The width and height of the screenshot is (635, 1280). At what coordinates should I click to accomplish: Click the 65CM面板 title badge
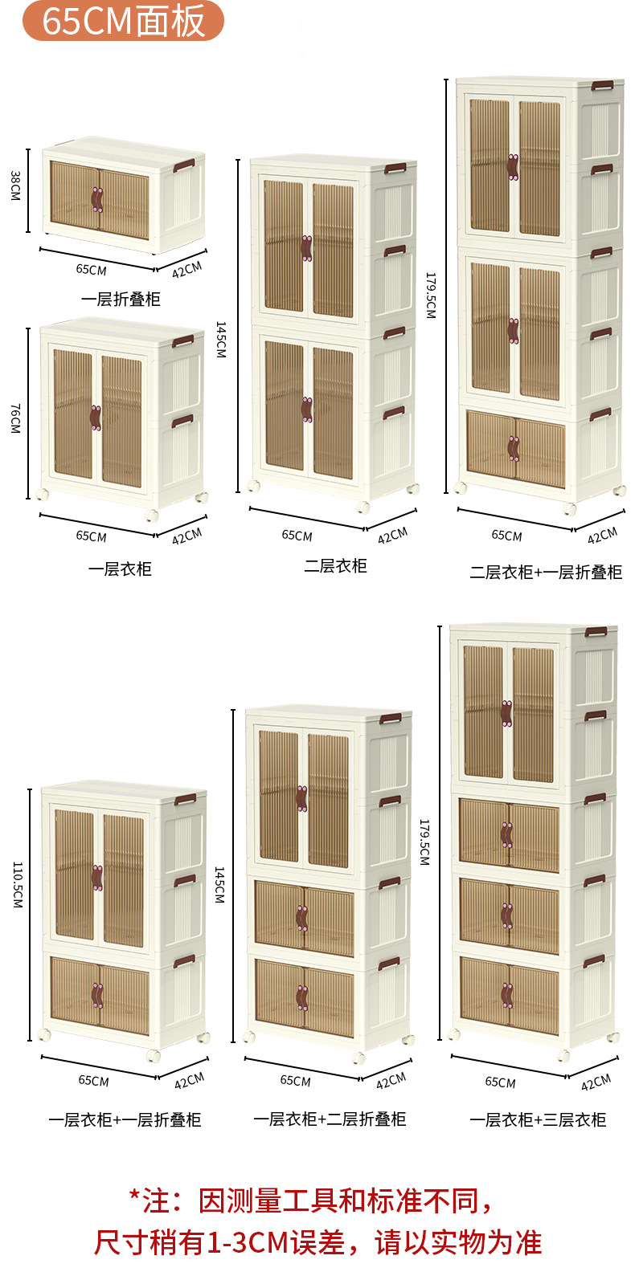click(123, 22)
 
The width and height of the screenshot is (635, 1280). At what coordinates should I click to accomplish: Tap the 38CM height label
click(15, 185)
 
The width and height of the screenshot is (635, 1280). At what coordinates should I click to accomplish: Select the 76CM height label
click(15, 418)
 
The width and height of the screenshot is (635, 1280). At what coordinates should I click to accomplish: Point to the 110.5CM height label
click(17, 885)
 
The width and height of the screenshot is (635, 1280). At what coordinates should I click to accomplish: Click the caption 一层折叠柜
click(121, 300)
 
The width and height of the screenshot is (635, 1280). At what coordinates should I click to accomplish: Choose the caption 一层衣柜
click(120, 569)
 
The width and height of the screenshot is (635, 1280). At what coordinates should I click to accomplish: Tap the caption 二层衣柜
click(335, 566)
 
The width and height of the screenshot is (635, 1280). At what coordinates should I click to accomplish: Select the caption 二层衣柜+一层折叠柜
click(546, 573)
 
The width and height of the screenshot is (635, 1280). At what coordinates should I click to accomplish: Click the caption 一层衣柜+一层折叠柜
click(125, 1120)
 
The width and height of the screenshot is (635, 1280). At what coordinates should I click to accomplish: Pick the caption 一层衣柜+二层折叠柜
click(330, 1119)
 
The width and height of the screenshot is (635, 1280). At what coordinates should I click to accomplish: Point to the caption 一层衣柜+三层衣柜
click(538, 1120)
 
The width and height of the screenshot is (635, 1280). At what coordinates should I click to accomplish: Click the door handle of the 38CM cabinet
click(97, 200)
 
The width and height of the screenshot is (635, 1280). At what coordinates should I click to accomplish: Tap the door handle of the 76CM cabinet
click(96, 418)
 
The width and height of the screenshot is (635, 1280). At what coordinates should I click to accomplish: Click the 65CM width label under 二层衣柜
click(297, 536)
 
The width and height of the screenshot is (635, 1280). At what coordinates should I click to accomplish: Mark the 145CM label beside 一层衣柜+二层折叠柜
click(219, 885)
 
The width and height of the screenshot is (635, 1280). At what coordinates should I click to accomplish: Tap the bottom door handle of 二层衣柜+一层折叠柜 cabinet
click(514, 449)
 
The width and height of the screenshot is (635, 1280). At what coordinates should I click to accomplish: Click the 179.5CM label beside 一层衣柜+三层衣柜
click(424, 842)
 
